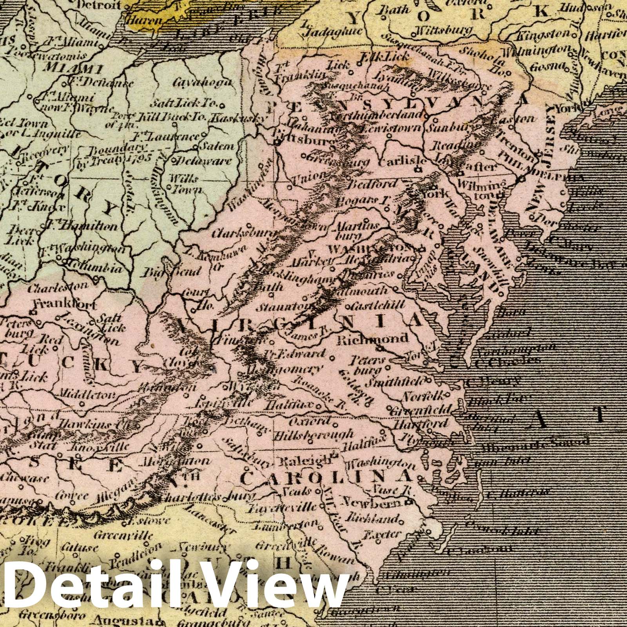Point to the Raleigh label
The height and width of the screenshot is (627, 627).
(306, 462)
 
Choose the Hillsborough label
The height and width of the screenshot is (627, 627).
(313, 435)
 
